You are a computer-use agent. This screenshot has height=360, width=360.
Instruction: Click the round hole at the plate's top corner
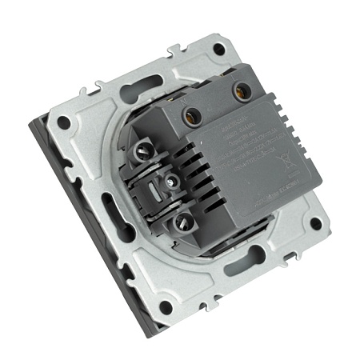(x=218, y=50)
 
